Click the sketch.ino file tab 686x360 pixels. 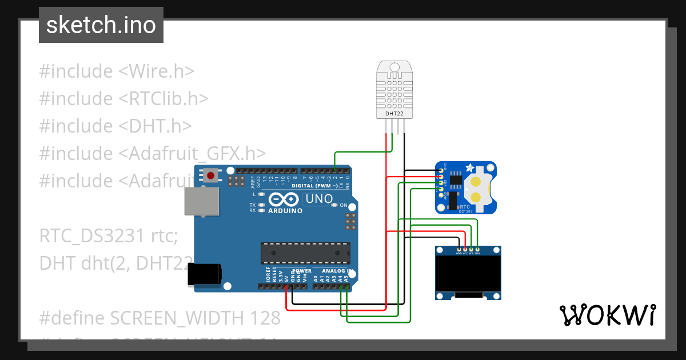click(101, 25)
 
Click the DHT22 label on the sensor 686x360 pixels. click(394, 114)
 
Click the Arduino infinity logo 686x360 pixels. click(284, 199)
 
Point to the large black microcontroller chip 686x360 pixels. click(305, 253)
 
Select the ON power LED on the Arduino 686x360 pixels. click(335, 205)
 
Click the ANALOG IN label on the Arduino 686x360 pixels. click(337, 271)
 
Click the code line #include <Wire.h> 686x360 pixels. click(117, 71)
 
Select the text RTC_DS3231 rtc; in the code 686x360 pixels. click(109, 236)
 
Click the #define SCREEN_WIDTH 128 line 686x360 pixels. click(160, 317)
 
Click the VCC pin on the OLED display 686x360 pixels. click(465, 249)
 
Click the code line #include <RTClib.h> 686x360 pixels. click(123, 98)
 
